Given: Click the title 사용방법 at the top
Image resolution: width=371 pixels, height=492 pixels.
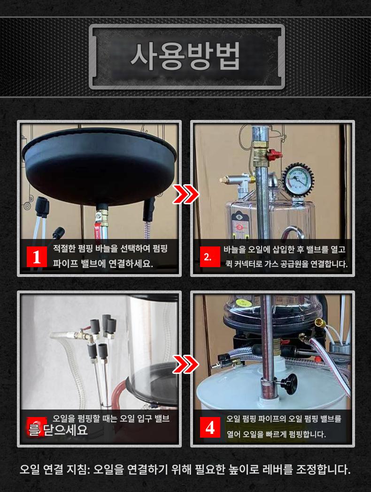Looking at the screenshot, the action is point(185,57).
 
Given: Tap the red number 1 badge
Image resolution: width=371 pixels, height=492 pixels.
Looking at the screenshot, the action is point(37,256).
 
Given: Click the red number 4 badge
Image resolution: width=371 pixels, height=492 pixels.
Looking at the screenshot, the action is point(210,427).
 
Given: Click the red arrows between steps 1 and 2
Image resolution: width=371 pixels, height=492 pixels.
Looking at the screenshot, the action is point(185,194).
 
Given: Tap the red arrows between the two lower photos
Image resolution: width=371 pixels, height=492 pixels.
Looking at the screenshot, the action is point(185,364).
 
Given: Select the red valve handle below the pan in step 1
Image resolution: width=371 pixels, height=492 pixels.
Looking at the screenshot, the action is point(97,230).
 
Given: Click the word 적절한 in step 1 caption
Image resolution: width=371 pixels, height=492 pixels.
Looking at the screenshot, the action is point(64,248).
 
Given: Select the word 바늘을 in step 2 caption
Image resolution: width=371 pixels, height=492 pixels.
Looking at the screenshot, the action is point(234,249).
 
